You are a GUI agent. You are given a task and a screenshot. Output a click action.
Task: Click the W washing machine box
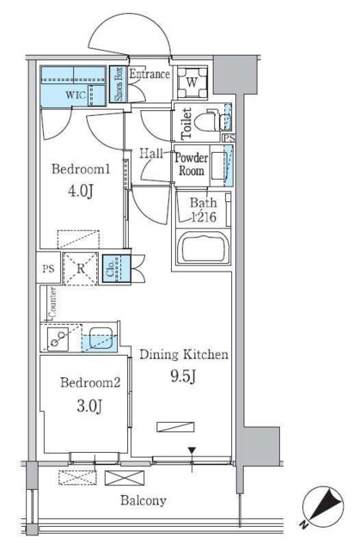coord(192,83)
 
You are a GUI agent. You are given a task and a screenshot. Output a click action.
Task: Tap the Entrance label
coord(149,75)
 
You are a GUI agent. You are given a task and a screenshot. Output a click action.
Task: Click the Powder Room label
coord(190,164)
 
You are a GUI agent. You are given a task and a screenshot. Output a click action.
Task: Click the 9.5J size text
coord(183,375)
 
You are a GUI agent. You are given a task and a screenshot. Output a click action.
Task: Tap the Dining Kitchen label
coord(183,353)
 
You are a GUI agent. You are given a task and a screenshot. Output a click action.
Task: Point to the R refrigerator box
coord(79,268)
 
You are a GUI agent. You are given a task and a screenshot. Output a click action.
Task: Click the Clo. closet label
coord(112,267)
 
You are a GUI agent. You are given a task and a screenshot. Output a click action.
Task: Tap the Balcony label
coord(142,499)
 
